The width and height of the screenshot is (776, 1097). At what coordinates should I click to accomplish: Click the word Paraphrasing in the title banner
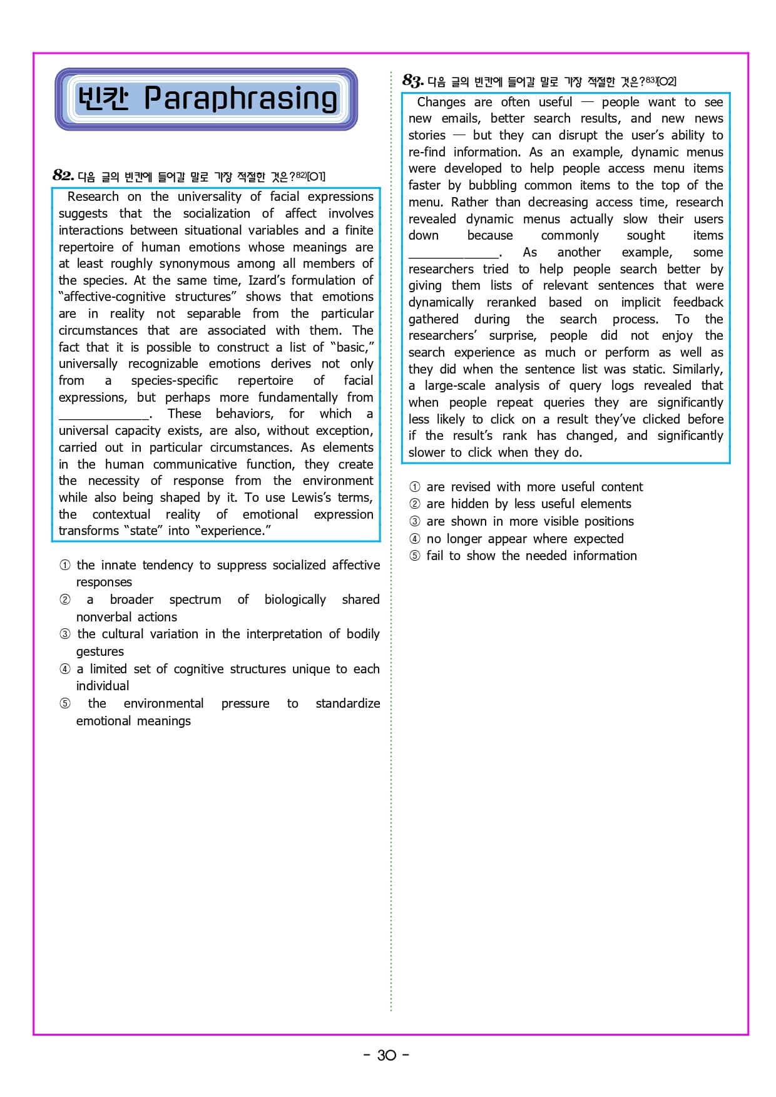click(x=240, y=99)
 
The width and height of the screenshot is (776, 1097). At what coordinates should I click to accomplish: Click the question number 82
click(x=63, y=175)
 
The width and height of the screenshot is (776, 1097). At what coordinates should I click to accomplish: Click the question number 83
click(x=412, y=81)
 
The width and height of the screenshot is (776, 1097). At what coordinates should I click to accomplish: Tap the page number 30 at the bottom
click(x=387, y=1055)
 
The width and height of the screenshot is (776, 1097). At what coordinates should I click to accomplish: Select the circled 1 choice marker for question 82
click(x=65, y=565)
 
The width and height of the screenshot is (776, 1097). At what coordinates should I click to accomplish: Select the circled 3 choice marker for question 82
click(x=65, y=634)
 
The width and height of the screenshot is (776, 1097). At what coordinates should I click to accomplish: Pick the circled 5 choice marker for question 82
click(x=65, y=703)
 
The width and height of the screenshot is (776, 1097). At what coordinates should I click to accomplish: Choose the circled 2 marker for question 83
click(x=415, y=504)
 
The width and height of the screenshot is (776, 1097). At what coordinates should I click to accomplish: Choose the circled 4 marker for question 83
click(x=415, y=539)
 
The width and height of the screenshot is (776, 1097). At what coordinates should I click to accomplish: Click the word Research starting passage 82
click(x=93, y=196)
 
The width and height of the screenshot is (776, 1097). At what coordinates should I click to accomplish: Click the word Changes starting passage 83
click(x=441, y=102)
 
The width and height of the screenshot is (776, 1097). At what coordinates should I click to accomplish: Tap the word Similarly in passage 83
click(x=697, y=369)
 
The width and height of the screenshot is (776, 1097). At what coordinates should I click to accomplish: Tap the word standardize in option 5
click(x=347, y=703)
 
